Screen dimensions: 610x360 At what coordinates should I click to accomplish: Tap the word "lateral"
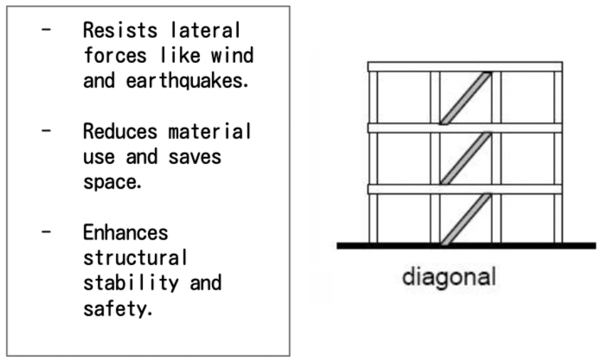[205, 31]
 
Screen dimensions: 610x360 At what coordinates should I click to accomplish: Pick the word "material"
[210, 132]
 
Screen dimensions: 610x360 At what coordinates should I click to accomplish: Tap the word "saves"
[195, 157]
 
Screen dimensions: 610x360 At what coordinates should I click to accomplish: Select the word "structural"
[135, 258]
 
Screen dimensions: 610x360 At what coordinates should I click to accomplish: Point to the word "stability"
[131, 284]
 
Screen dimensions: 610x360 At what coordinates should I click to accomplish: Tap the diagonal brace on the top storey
[466, 98]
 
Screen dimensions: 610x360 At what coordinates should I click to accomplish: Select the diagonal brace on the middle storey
[466, 159]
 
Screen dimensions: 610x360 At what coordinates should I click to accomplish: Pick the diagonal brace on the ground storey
[466, 219]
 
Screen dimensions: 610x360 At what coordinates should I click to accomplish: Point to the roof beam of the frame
[465, 67]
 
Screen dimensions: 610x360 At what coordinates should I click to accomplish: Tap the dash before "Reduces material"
[47, 132]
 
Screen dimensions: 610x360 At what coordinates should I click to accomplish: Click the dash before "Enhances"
[47, 233]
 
